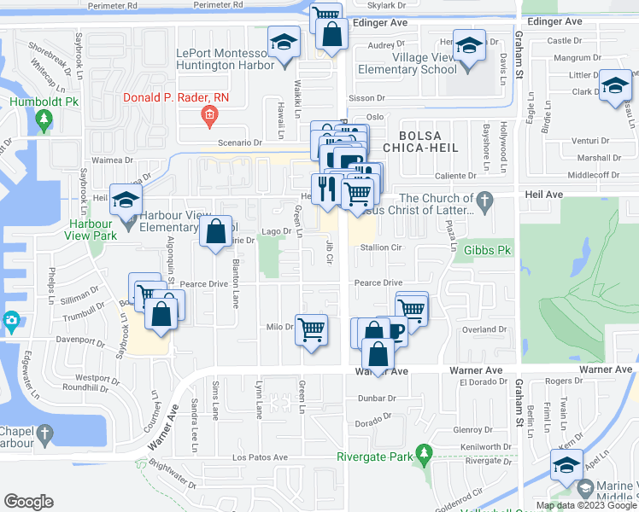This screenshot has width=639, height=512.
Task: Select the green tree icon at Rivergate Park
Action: tap(422, 455)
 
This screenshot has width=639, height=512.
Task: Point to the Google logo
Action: tap(29, 502)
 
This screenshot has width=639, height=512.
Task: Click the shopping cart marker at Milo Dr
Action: tap(312, 329)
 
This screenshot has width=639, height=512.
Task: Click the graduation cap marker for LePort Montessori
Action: tap(282, 42)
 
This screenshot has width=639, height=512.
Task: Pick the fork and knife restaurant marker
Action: tap(325, 189)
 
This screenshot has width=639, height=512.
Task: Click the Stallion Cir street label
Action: tap(381, 247)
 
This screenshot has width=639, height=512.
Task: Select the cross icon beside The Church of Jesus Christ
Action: tap(485, 203)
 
